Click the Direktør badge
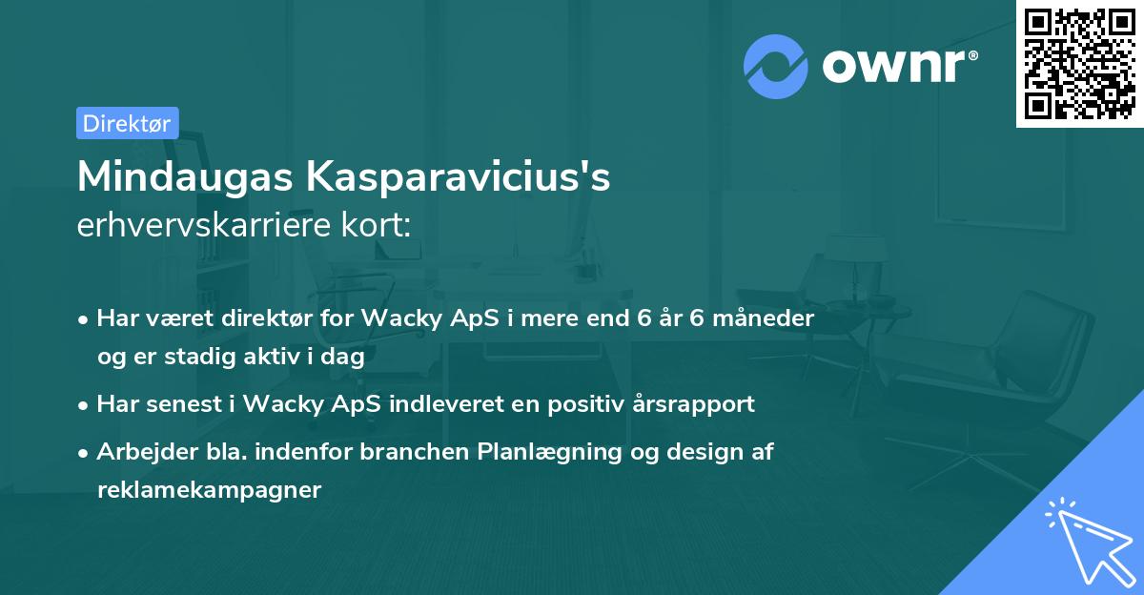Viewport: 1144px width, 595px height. pyautogui.click(x=127, y=123)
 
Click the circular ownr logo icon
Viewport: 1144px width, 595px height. pyautogui.click(x=776, y=66)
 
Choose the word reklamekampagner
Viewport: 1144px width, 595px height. pyautogui.click(x=210, y=490)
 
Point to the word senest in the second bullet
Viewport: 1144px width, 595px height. pyautogui.click(x=182, y=403)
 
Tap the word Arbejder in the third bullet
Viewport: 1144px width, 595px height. pyautogui.click(x=138, y=452)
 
